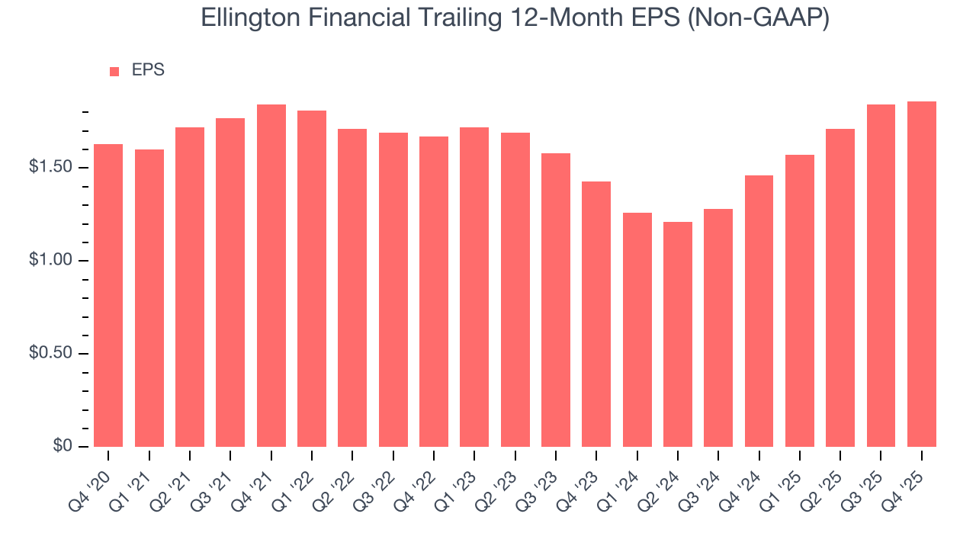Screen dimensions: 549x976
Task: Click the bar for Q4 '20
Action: pyautogui.click(x=108, y=295)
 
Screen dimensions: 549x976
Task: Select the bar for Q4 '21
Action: pyautogui.click(x=271, y=275)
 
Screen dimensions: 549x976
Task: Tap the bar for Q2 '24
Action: pyautogui.click(x=678, y=334)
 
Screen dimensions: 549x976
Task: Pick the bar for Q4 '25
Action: pyautogui.click(x=922, y=274)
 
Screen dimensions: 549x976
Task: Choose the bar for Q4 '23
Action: pyautogui.click(x=596, y=314)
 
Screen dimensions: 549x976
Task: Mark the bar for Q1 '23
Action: pyautogui.click(x=474, y=287)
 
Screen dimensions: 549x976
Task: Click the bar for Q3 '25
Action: pyautogui.click(x=881, y=275)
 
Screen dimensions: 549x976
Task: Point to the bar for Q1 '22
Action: pyautogui.click(x=312, y=278)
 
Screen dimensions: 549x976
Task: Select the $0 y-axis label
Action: pyautogui.click(x=62, y=446)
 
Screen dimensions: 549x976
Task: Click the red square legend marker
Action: pyautogui.click(x=114, y=71)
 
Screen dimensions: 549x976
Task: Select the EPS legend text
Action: pyautogui.click(x=148, y=70)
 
